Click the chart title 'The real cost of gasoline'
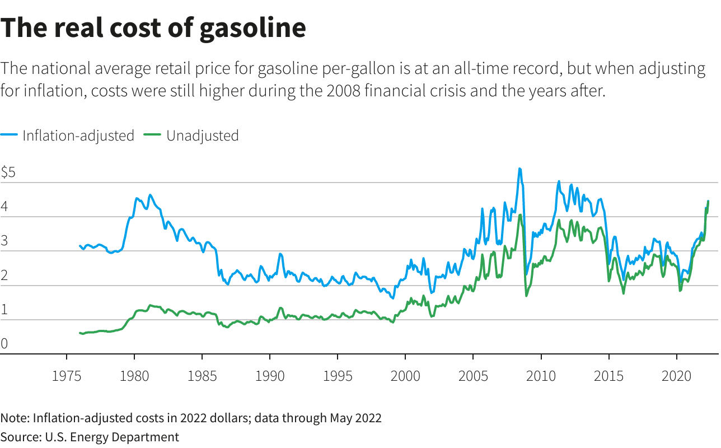tap(153, 28)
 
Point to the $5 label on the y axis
tap(8, 172)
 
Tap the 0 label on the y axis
tap(4, 344)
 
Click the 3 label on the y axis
tap(4, 241)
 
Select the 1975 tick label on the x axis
tap(67, 376)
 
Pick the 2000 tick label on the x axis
tap(405, 376)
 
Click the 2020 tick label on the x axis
tap(676, 376)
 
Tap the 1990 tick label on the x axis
tap(270, 376)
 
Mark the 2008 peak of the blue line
tap(519, 169)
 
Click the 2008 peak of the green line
tap(520, 215)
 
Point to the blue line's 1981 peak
tap(149, 195)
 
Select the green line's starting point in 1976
tap(80, 333)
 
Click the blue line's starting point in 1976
tap(80, 245)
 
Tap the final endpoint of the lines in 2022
tap(708, 201)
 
